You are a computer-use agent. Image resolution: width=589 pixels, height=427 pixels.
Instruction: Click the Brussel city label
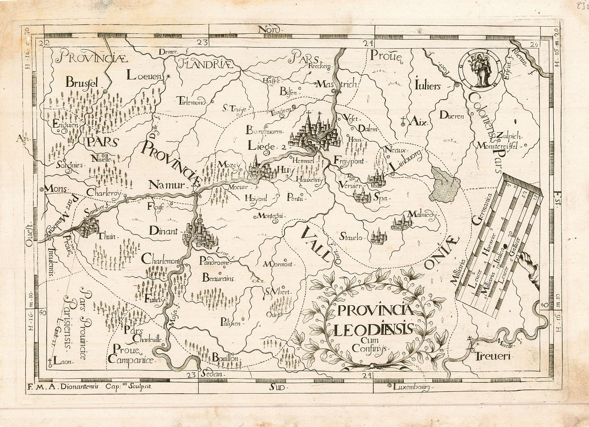(83, 83)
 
